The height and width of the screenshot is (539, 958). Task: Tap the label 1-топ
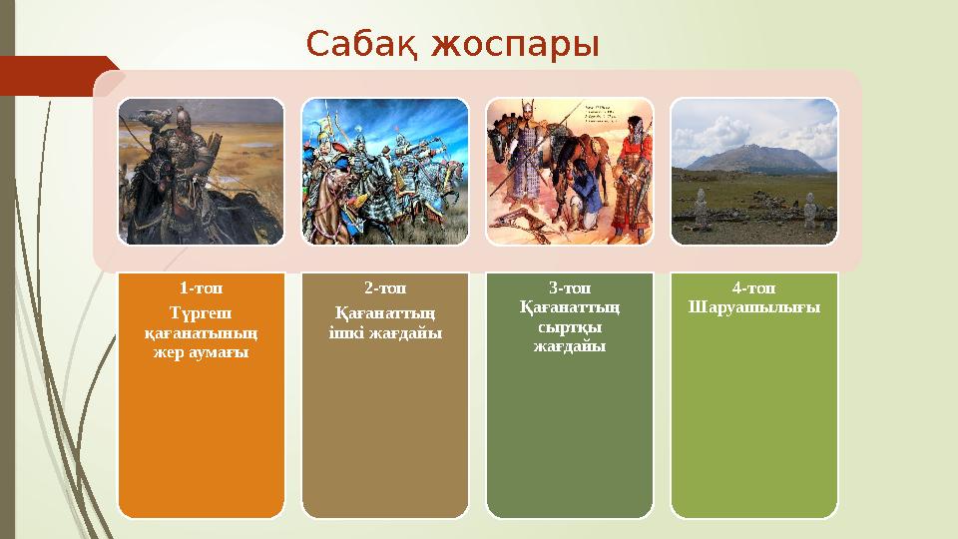point(201,288)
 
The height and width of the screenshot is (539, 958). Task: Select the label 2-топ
point(384,288)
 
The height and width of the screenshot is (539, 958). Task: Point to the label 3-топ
point(569,287)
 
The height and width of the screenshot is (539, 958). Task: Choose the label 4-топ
point(753,287)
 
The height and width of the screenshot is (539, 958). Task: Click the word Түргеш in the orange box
point(201,309)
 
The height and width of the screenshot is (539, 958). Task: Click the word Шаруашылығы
point(753,306)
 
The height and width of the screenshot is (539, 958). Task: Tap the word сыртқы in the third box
point(569,326)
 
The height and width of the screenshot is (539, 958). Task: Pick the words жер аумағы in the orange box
point(201,352)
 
